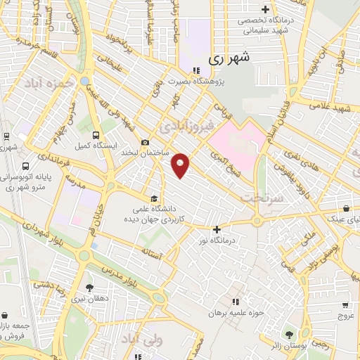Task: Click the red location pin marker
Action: pyautogui.click(x=181, y=165)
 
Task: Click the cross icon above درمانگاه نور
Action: pyautogui.click(x=217, y=229)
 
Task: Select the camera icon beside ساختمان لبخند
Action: pyautogui.click(x=145, y=142)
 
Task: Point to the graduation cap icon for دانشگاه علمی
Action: pyautogui.click(x=155, y=198)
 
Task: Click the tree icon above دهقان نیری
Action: pyautogui.click(x=89, y=287)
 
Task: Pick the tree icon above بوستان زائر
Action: pyautogui.click(x=287, y=333)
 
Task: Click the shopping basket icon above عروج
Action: pyautogui.click(x=345, y=305)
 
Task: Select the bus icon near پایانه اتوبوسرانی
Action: pyautogui.click(x=26, y=167)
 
